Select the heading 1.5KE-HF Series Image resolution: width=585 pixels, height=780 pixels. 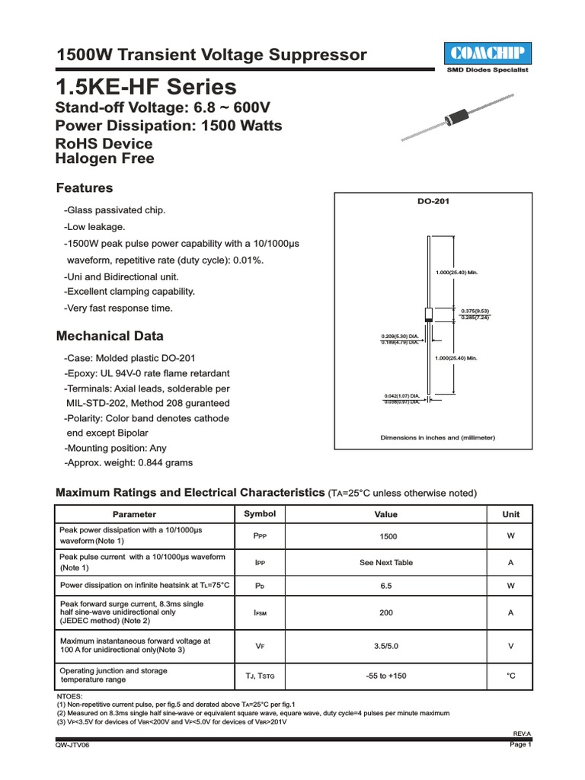pyautogui.click(x=146, y=88)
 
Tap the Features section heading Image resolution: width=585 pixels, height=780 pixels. pyautogui.click(x=85, y=188)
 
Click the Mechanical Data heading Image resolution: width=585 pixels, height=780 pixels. pyautogui.click(x=110, y=336)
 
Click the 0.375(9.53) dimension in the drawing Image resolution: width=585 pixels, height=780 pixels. pyautogui.click(x=475, y=311)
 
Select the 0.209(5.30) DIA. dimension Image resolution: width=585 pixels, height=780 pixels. pyautogui.click(x=400, y=336)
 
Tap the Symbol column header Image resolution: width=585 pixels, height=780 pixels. pyautogui.click(x=259, y=514)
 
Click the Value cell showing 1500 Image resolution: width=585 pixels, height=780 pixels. pyautogui.click(x=388, y=536)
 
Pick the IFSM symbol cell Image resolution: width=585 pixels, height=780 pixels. pyautogui.click(x=259, y=612)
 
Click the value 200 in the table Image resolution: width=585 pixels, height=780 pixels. pyautogui.click(x=388, y=612)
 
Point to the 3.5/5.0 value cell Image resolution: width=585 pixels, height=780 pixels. pyautogui.click(x=388, y=646)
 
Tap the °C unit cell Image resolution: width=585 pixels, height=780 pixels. pyautogui.click(x=511, y=676)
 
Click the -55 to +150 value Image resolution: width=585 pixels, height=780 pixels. pyautogui.click(x=388, y=676)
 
